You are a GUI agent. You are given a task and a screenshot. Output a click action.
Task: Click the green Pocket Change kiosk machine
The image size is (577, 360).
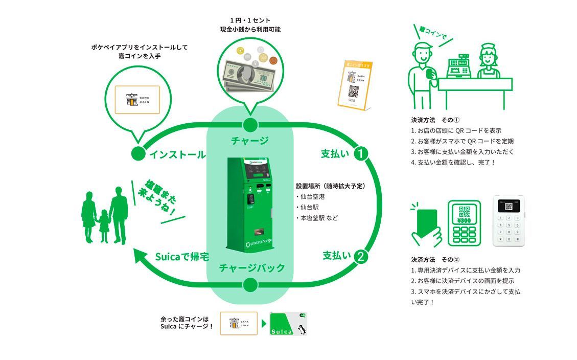(250, 205)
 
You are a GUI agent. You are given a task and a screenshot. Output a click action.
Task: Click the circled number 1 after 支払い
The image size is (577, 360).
(361, 153)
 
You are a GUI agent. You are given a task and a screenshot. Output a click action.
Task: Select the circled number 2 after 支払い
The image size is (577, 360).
(361, 256)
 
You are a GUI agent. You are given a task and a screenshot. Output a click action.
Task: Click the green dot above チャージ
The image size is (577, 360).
(250, 125)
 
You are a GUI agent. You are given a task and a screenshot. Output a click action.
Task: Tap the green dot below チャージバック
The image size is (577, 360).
(250, 285)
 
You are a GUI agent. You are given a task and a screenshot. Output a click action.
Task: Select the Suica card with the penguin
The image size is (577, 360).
(288, 324)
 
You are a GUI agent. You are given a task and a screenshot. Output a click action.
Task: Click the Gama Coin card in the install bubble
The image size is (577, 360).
(136, 100)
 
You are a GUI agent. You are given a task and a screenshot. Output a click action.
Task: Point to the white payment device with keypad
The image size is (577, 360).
(509, 221)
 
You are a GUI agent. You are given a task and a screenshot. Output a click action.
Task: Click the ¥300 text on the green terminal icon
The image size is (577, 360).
(464, 220)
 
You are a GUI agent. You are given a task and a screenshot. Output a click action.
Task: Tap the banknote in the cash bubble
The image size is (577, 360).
(246, 74)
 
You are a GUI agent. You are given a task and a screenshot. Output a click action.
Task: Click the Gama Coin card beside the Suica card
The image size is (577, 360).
(239, 324)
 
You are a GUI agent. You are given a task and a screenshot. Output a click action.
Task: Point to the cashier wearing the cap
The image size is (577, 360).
(488, 61)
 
